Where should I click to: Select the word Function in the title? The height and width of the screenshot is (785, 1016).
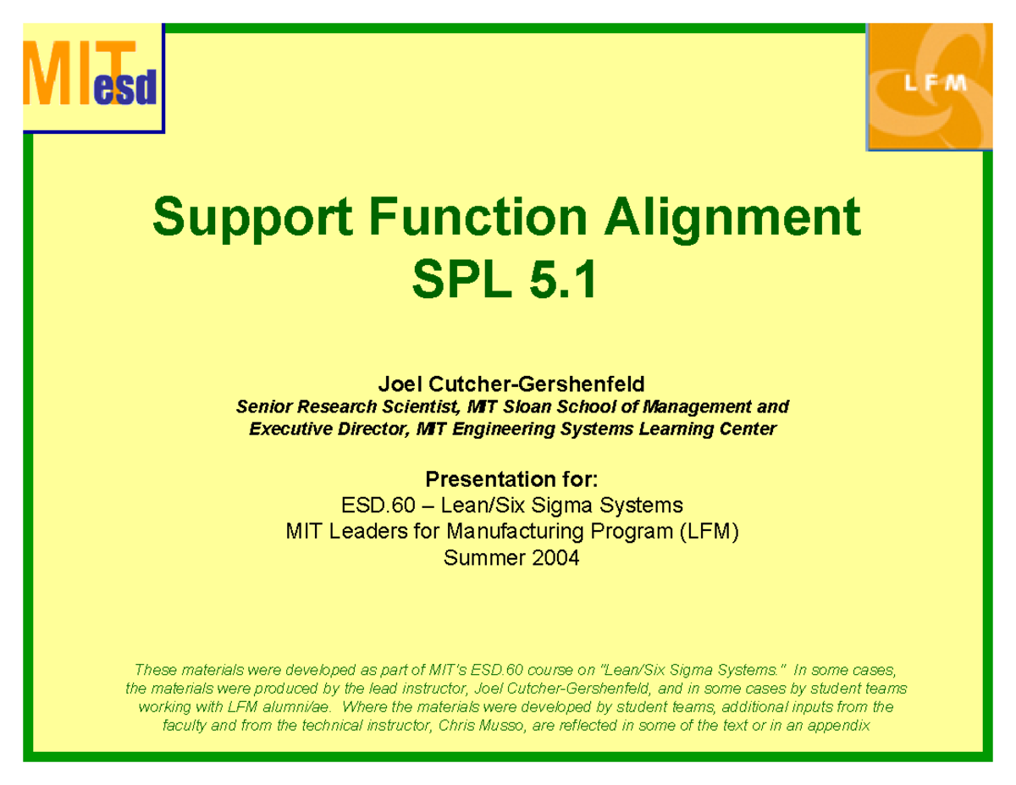(448, 218)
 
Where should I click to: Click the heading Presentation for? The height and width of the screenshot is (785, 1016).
(511, 480)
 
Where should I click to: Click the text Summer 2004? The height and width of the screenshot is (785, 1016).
(511, 558)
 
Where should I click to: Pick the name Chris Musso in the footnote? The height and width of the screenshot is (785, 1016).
(480, 727)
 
